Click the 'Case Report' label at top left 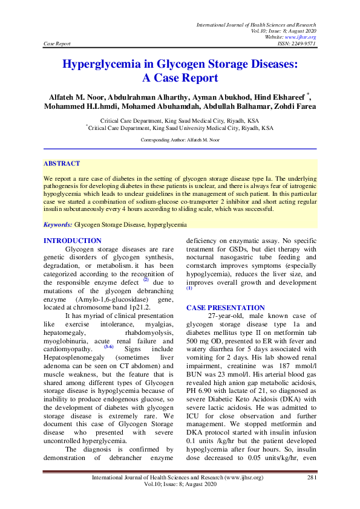[57, 44]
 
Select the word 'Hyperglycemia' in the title [108, 65]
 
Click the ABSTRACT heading [62, 164]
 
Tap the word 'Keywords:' [57, 225]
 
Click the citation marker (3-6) [108, 346]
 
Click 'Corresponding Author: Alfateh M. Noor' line [180, 140]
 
